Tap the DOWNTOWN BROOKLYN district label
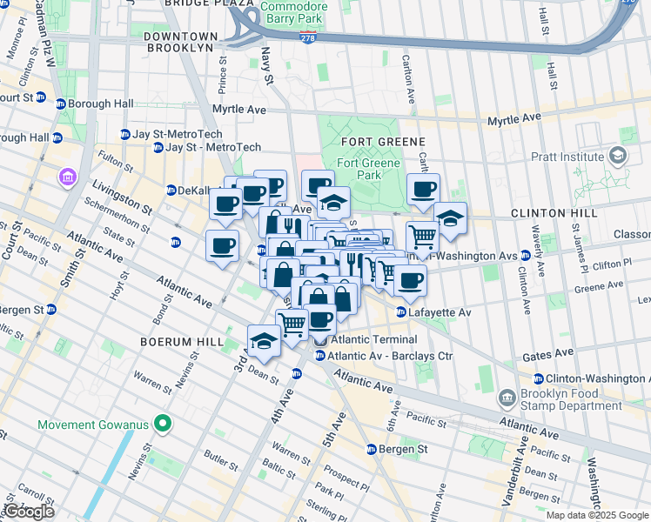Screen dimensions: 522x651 pyautogui.click(x=179, y=42)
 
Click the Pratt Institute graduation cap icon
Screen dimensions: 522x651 pyautogui.click(x=619, y=157)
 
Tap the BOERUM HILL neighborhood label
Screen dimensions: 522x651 pyautogui.click(x=182, y=342)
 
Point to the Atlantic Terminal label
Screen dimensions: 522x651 pyautogui.click(x=363, y=340)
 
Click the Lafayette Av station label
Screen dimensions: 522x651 pyautogui.click(x=440, y=312)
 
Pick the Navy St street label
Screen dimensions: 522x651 pyautogui.click(x=267, y=66)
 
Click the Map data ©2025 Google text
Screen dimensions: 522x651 pyautogui.click(x=597, y=515)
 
